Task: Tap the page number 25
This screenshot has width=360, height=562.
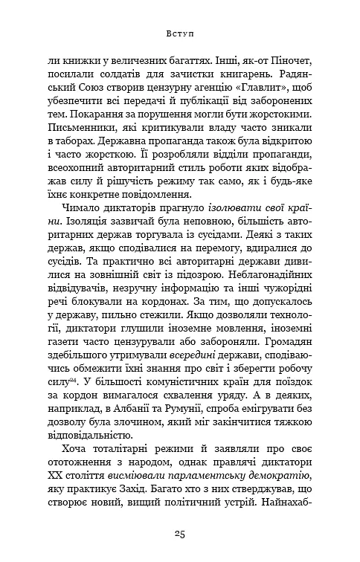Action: (x=180, y=533)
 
